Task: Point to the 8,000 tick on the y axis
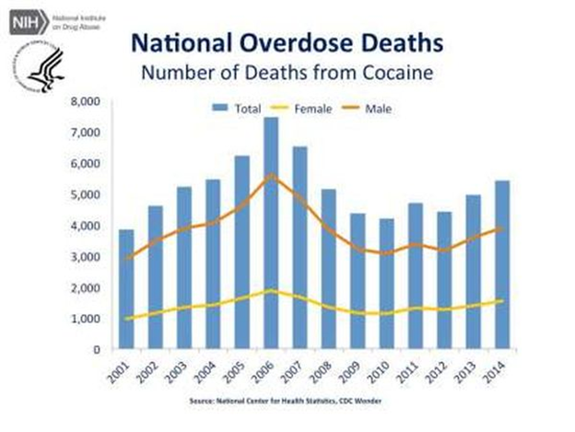click(x=86, y=101)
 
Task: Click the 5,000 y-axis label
click(x=86, y=194)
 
